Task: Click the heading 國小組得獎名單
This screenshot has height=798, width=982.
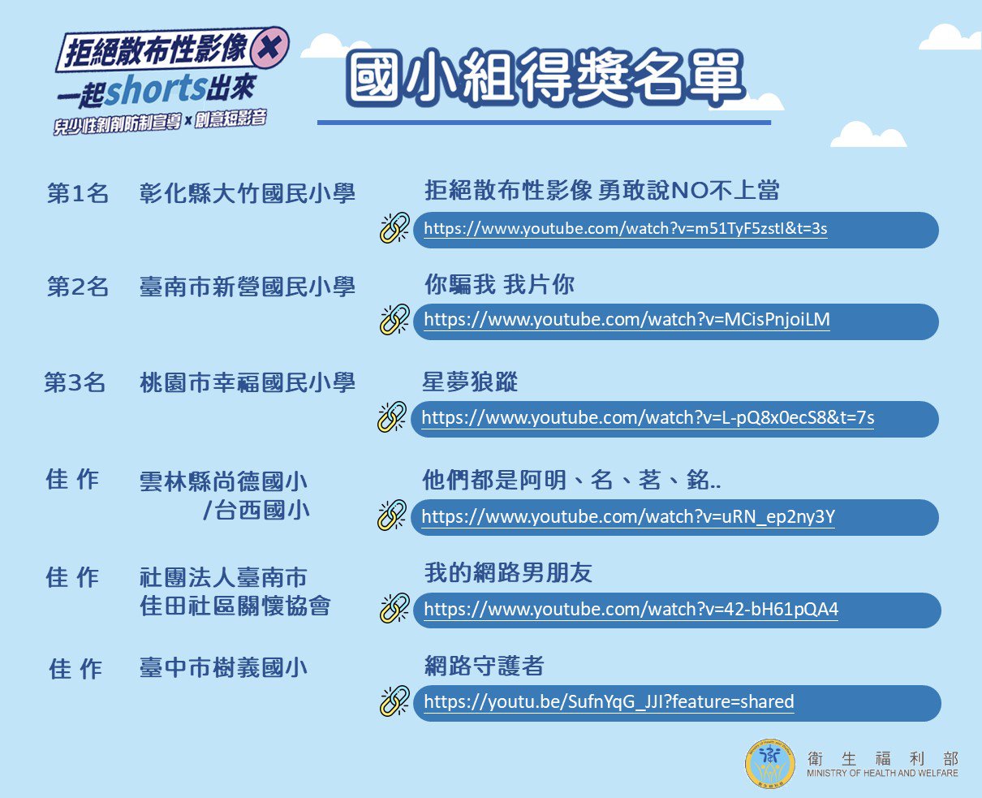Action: [x=545, y=76]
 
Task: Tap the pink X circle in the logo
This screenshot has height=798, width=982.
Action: [x=269, y=47]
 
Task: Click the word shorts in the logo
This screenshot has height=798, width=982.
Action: [x=156, y=89]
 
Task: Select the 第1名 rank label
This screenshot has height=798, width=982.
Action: [x=77, y=192]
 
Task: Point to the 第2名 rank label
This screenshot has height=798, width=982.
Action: [x=77, y=287]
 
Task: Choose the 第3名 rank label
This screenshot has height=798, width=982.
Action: [x=75, y=382]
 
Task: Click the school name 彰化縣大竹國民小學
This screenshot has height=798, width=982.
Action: [x=247, y=192]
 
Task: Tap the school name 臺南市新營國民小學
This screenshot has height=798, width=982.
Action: [x=247, y=287]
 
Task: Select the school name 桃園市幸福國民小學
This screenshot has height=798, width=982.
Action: [x=247, y=382]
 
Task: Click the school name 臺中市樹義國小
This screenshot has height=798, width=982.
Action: [x=223, y=667]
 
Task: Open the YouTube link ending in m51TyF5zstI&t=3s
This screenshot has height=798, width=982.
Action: [x=625, y=229]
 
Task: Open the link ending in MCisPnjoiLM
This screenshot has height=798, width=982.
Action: [x=627, y=320]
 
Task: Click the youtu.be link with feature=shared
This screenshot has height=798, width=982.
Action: [x=609, y=702]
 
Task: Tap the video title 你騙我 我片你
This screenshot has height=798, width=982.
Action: [x=499, y=284]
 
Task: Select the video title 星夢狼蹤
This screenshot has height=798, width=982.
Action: [x=470, y=382]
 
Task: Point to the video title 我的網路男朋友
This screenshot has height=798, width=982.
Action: [x=508, y=572]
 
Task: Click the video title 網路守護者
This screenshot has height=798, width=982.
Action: [x=484, y=666]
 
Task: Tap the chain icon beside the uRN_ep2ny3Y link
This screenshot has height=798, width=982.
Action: [x=392, y=515]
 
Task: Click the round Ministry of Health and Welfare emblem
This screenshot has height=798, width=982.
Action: [x=769, y=763]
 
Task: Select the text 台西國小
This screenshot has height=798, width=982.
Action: [x=261, y=510]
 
